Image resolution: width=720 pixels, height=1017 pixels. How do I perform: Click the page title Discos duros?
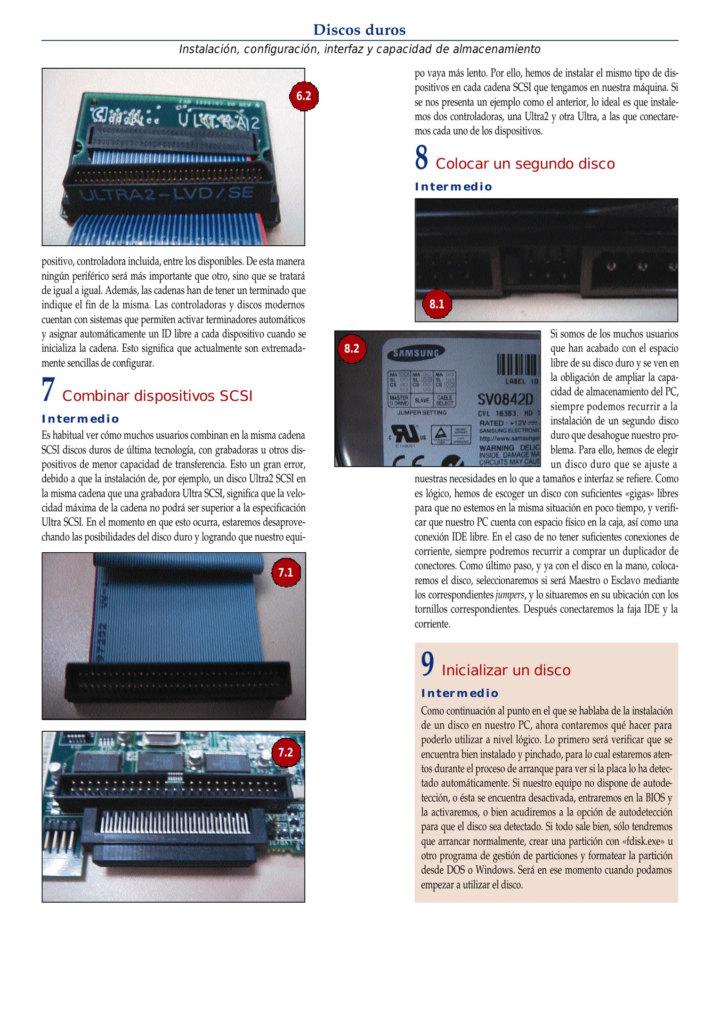click(359, 30)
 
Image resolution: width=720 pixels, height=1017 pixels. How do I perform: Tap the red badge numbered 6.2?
click(304, 97)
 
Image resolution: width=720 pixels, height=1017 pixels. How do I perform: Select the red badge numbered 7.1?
click(286, 573)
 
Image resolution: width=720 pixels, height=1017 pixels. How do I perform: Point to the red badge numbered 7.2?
click(286, 752)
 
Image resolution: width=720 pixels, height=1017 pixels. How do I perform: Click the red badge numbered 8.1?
click(437, 304)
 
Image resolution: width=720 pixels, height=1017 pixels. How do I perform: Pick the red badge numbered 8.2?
click(351, 348)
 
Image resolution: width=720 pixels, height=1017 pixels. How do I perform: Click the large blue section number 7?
click(48, 390)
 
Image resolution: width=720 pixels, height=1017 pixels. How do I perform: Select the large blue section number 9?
click(428, 664)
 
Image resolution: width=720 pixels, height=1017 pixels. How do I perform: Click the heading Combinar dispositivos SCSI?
click(157, 396)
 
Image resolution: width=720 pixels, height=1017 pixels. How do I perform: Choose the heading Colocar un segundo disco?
click(525, 164)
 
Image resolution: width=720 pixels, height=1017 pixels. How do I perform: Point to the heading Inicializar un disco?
click(506, 670)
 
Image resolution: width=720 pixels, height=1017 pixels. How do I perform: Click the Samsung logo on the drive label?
click(416, 353)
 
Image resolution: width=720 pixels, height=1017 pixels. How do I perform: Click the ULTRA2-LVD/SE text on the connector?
click(167, 194)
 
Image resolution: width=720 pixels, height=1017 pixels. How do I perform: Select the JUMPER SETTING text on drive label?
click(422, 413)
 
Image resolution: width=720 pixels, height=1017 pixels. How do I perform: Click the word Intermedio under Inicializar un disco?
click(460, 693)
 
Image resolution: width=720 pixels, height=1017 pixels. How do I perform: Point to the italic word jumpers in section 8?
click(510, 595)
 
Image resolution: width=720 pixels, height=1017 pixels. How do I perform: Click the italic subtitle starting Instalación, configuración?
click(359, 49)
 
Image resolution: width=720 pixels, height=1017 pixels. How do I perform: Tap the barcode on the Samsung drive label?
click(517, 364)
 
